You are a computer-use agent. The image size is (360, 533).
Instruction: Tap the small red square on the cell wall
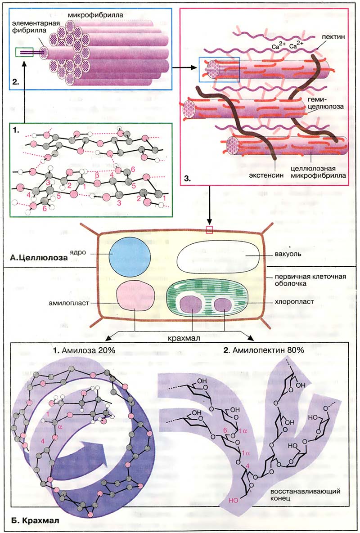pyautogui.click(x=208, y=230)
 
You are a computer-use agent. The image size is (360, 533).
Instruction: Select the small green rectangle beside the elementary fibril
pyautogui.click(x=23, y=52)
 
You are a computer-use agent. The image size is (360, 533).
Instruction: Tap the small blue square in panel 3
pyautogui.click(x=220, y=70)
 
